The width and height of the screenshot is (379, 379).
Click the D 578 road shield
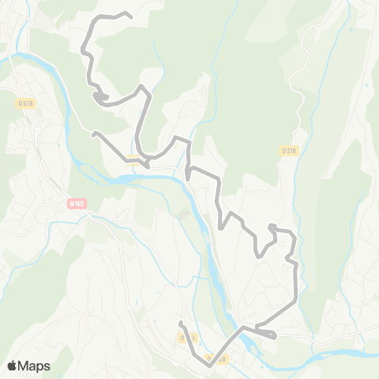[x=25, y=103]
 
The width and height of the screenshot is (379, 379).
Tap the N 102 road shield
[x=77, y=203]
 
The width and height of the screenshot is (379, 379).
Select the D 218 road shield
[x=288, y=150]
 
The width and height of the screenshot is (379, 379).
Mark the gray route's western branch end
[x=93, y=134]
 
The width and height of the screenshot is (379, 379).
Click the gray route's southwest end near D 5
[x=181, y=323]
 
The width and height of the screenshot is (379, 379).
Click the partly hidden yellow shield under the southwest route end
[x=187, y=338]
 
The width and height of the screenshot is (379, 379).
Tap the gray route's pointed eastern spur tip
[x=275, y=337]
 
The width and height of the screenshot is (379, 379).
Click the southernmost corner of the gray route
[x=207, y=366]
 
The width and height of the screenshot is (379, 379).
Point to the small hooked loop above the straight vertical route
[x=273, y=228]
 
